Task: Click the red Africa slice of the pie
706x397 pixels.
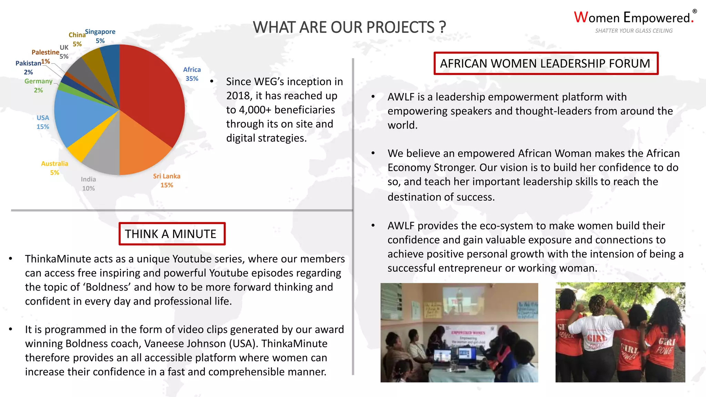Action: pyautogui.click(x=152, y=93)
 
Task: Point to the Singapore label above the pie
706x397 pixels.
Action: pyautogui.click(x=100, y=32)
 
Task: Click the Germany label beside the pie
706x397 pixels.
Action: pyautogui.click(x=38, y=81)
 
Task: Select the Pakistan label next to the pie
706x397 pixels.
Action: pyautogui.click(x=28, y=63)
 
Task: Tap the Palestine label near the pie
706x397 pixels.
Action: pyautogui.click(x=45, y=52)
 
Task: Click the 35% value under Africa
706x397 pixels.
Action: pyautogui.click(x=192, y=79)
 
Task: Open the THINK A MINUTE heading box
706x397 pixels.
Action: pyautogui.click(x=172, y=234)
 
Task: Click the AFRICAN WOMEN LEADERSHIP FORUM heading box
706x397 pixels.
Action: pyautogui.click(x=545, y=63)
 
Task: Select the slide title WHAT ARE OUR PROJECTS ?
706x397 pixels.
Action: pyautogui.click(x=349, y=27)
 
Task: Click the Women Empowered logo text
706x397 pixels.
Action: pyautogui.click(x=633, y=18)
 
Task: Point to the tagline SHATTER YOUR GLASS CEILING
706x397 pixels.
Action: pyautogui.click(x=634, y=31)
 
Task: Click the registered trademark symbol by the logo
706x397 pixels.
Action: pyautogui.click(x=695, y=11)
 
